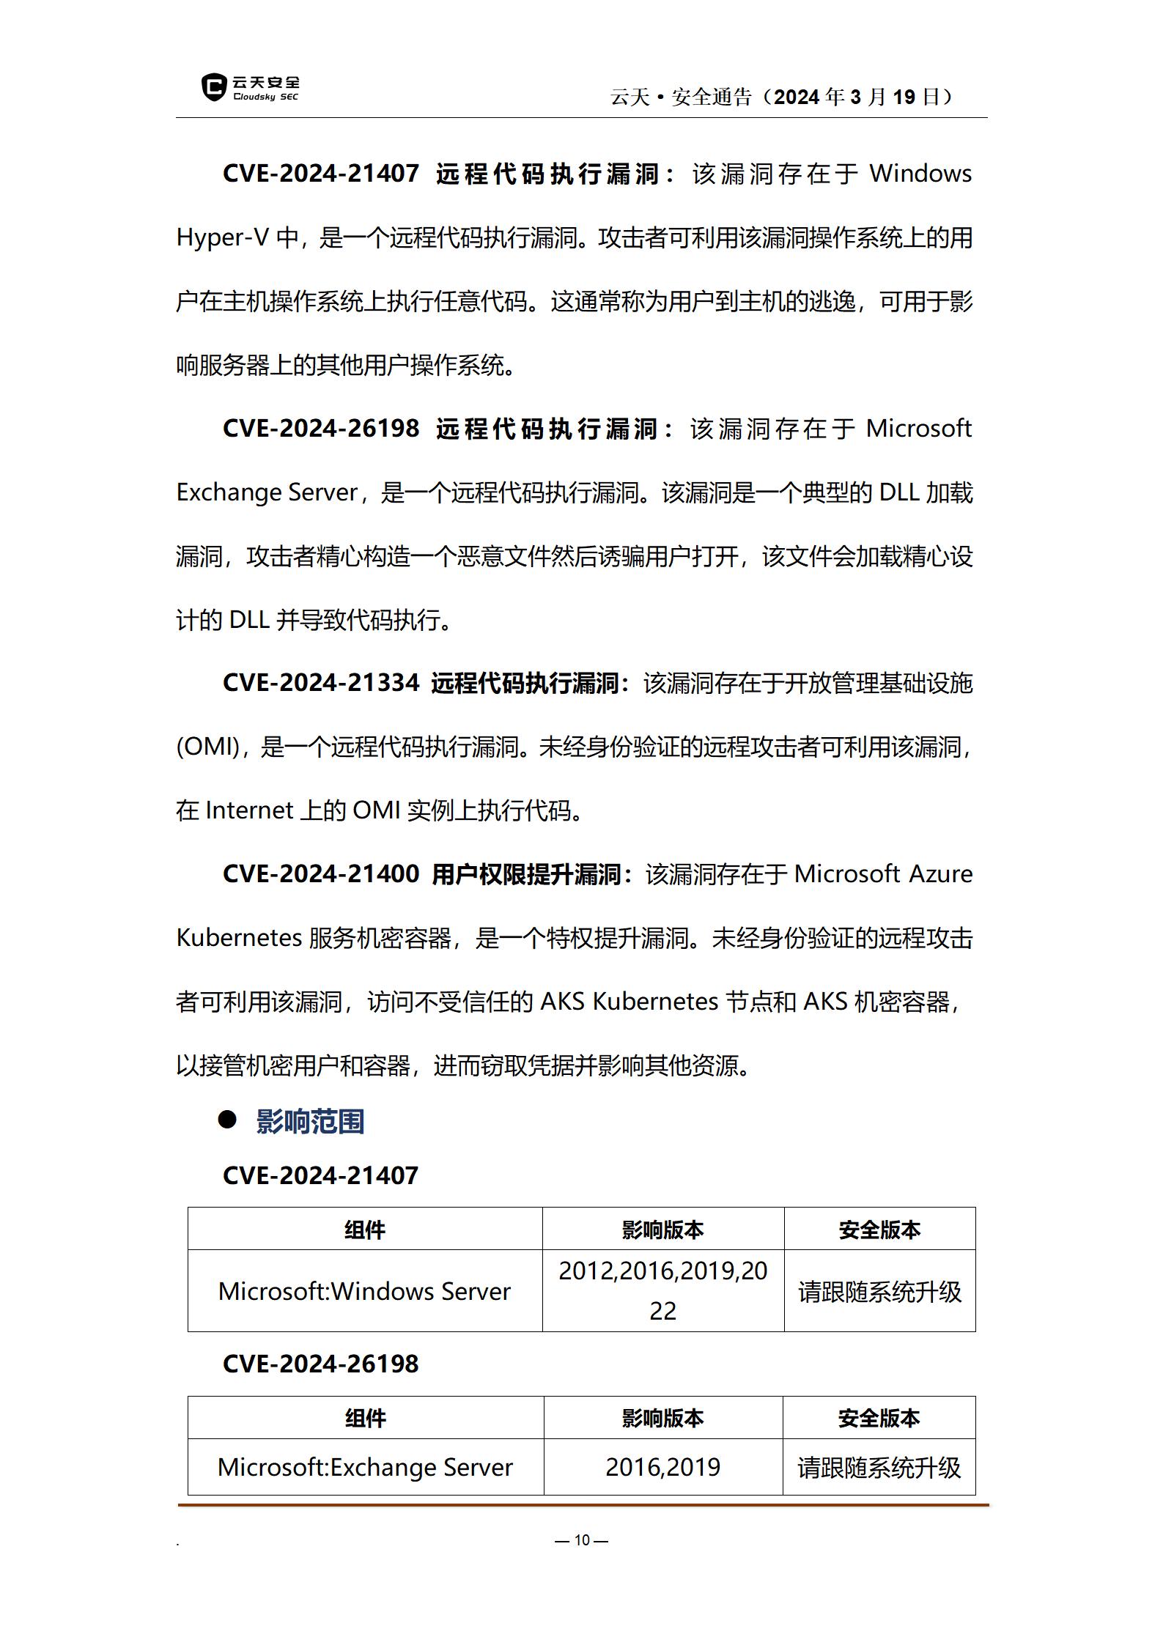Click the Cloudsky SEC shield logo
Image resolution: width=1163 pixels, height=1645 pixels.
point(214,87)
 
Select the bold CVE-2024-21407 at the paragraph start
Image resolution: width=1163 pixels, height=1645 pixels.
point(320,174)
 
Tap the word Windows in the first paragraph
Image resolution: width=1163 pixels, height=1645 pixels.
point(920,174)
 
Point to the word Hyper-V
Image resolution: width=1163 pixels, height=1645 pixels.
point(222,237)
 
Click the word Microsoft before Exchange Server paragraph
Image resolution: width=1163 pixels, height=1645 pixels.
point(918,428)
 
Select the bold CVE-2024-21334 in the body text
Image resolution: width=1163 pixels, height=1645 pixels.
point(320,683)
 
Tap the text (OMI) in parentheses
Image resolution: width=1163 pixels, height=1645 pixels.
point(209,747)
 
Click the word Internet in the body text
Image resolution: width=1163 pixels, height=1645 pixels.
point(249,810)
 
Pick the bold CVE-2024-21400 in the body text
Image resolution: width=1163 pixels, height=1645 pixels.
point(320,874)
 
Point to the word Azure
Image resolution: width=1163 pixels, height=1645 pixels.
point(940,874)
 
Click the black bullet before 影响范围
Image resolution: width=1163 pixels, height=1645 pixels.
point(227,1119)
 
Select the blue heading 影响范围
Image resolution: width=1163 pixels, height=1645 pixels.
point(310,1122)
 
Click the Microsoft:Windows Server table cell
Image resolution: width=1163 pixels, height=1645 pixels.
point(364,1291)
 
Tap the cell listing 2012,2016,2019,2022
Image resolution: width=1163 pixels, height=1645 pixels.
point(662,1290)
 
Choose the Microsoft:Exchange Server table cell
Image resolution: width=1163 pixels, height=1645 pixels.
point(365,1467)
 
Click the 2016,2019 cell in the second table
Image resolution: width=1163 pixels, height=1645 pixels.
point(662,1467)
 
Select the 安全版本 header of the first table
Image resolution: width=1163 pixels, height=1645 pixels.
point(879,1230)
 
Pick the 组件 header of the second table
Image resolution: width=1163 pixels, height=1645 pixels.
point(365,1419)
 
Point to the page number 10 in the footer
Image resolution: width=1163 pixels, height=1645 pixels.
point(582,1540)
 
